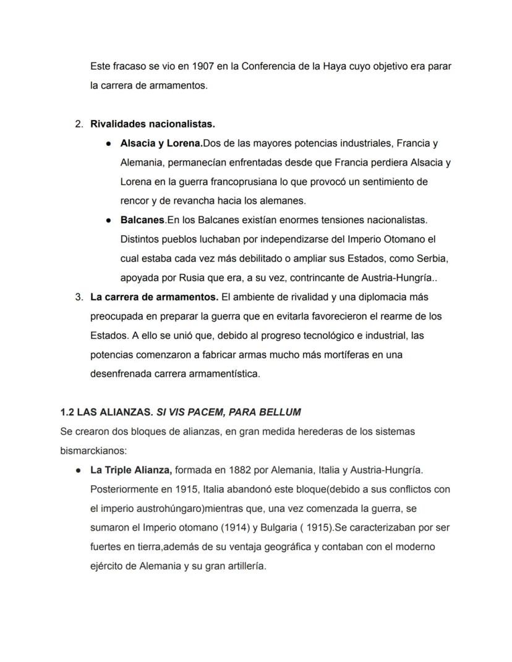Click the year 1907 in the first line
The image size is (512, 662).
[x=203, y=66]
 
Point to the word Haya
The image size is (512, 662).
[x=335, y=66]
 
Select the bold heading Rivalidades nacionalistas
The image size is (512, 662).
[x=153, y=124]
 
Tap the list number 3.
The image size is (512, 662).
[x=79, y=297]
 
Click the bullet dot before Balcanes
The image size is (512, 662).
[x=108, y=220]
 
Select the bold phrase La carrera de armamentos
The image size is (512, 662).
[x=154, y=297]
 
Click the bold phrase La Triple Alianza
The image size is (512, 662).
[x=130, y=470]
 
